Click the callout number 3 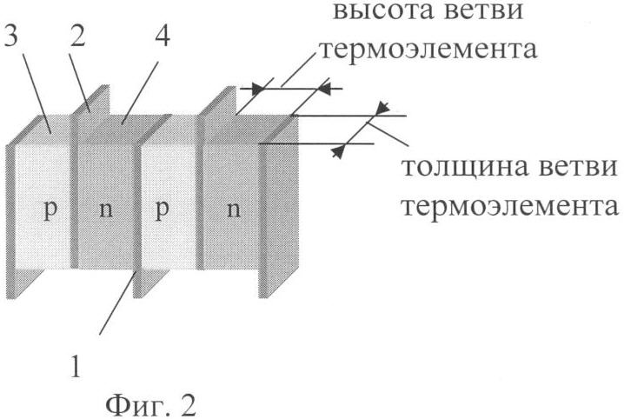pos(12,37)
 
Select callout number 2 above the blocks pos(77,37)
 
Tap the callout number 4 pos(163,37)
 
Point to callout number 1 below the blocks pos(76,367)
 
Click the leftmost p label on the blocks pos(50,209)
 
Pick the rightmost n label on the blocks pos(234,209)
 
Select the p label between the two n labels pos(162,209)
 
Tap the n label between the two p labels pos(105,209)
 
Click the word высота pos(382,10)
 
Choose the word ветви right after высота pos(483,10)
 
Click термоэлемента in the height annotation pos(428,50)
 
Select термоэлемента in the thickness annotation pos(510,207)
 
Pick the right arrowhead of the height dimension pos(324,89)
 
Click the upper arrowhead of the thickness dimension pos(383,108)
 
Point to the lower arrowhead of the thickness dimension pos(338,151)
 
